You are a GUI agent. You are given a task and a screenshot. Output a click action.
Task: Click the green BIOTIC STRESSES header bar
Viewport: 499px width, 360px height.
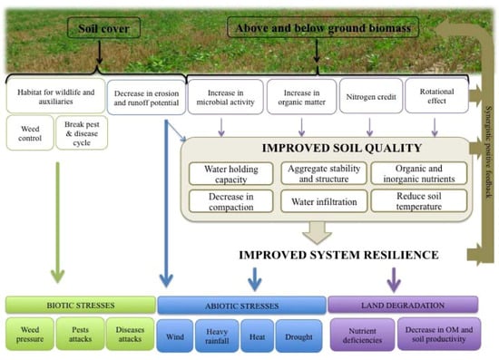[x=80, y=306]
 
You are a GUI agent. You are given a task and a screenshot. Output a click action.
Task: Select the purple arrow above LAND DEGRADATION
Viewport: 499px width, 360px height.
[x=394, y=277]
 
